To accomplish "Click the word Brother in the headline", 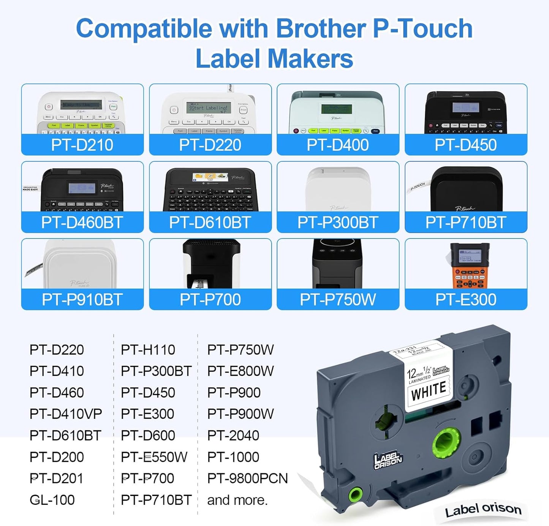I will coord(320,28).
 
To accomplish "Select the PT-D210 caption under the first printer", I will coord(82,145).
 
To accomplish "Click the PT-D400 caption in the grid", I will coord(338,145).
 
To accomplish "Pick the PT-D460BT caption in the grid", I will coord(82,223).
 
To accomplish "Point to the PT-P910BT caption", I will coord(82,300).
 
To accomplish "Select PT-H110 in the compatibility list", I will coord(148,350).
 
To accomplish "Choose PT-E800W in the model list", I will coord(240,371).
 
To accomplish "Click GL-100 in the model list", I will coord(52,500).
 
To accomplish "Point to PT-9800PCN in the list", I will coord(247,479).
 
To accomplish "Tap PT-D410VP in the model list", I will coord(66,414).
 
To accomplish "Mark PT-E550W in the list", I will coord(154,457).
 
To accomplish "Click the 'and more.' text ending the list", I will coord(237,500).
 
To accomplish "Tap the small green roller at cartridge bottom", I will coord(356,494).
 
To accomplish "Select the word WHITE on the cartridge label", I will coord(429,391).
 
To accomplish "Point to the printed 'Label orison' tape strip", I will coord(483,509).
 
